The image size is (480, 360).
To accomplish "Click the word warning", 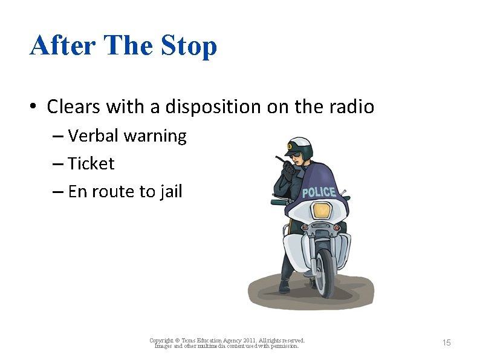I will pos(155,136).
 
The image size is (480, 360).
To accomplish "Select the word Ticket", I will pos(91,164).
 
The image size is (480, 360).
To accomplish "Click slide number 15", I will pos(446,343).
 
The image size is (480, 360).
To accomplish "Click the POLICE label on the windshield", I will pos(319,192).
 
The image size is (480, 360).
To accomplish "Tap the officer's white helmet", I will pos(299,145).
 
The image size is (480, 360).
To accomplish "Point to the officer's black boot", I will pos(284,286).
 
